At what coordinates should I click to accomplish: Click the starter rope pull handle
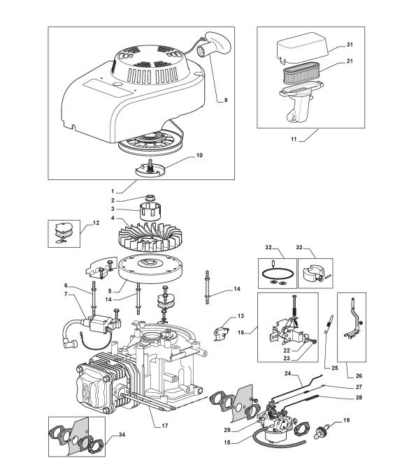click(215, 45)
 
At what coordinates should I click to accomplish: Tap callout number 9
click(226, 101)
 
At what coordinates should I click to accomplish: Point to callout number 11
click(294, 140)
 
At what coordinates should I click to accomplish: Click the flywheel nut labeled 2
click(150, 198)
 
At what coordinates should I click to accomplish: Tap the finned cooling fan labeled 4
click(150, 236)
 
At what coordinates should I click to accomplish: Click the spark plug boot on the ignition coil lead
click(68, 344)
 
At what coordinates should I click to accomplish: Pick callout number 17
click(164, 426)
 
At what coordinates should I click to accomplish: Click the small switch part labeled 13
click(221, 334)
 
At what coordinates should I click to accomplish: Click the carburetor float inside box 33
click(313, 272)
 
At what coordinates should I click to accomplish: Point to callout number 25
click(334, 369)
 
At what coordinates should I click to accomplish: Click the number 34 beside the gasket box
click(122, 435)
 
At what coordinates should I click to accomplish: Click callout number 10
click(199, 156)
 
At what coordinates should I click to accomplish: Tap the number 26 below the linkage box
click(359, 375)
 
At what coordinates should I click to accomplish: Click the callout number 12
click(96, 223)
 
